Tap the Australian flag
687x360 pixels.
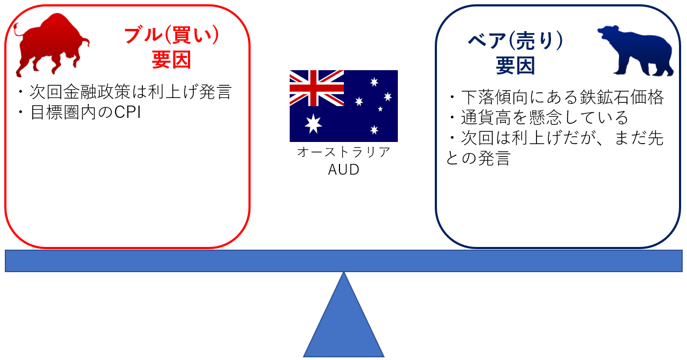343,106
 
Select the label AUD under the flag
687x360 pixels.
343,170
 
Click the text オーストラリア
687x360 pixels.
343,152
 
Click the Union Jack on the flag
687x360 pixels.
316,88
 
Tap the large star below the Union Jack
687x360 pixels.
313,124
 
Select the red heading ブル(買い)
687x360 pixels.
171,35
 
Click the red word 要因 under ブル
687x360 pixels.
171,60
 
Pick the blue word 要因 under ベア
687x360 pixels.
515,66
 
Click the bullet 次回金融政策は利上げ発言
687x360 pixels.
124,92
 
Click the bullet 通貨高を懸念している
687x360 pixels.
538,117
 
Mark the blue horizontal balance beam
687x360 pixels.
343,261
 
